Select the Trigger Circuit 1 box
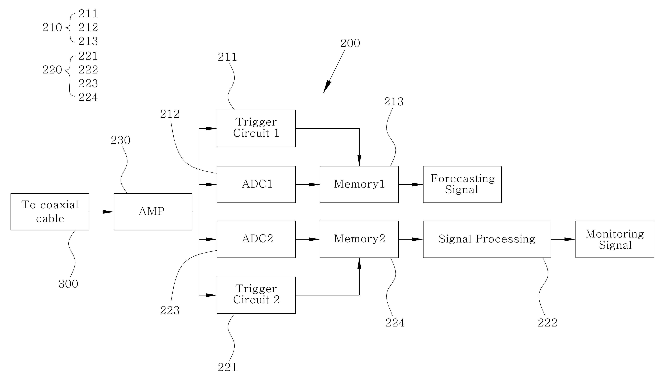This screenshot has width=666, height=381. [x=256, y=128]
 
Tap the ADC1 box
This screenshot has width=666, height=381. [x=256, y=185]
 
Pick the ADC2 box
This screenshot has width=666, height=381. [x=256, y=239]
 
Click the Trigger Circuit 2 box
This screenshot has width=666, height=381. [x=256, y=295]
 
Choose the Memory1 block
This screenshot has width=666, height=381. [x=359, y=185]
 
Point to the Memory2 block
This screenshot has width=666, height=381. [x=359, y=239]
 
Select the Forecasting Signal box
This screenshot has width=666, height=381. [x=462, y=185]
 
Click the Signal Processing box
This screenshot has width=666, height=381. [x=487, y=239]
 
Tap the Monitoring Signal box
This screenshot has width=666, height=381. [x=615, y=239]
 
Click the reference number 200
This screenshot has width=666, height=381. [x=350, y=43]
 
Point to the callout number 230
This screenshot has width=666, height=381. [x=121, y=140]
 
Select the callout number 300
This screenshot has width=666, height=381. [x=68, y=284]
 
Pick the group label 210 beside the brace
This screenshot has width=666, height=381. [x=52, y=27]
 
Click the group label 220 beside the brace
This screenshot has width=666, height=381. [x=52, y=70]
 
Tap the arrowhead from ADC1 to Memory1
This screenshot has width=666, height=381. [x=314, y=185]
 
